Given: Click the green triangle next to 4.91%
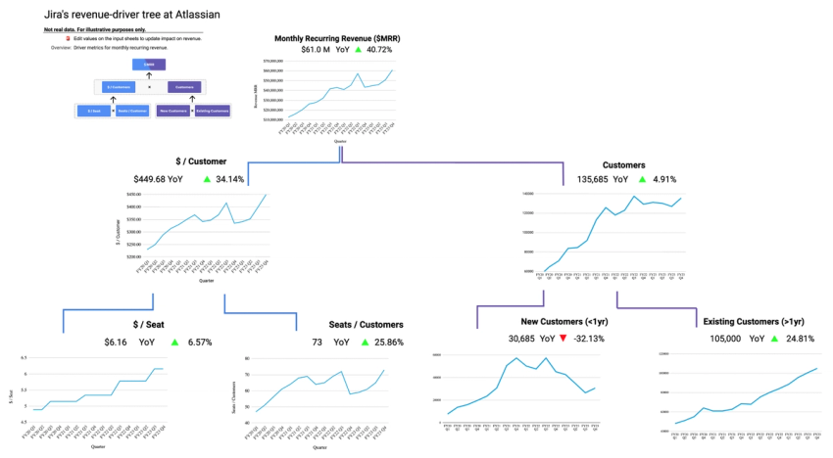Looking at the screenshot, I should click(642, 179).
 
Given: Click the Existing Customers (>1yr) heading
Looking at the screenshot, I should click(754, 322).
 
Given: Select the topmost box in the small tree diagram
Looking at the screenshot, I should click(149, 65).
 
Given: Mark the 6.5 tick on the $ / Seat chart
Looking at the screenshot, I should click(24, 358).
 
